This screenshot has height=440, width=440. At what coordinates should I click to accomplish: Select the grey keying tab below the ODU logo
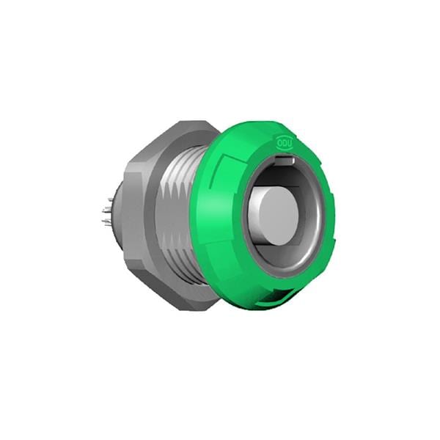(x=285, y=159)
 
